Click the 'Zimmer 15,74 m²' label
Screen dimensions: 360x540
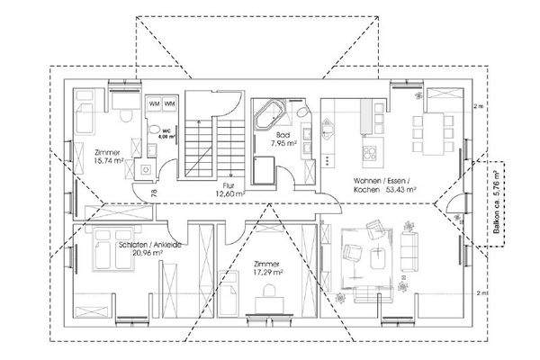(106, 157)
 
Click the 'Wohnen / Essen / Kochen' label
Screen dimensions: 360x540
(384, 184)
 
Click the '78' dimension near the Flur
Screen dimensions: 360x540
(156, 192)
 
